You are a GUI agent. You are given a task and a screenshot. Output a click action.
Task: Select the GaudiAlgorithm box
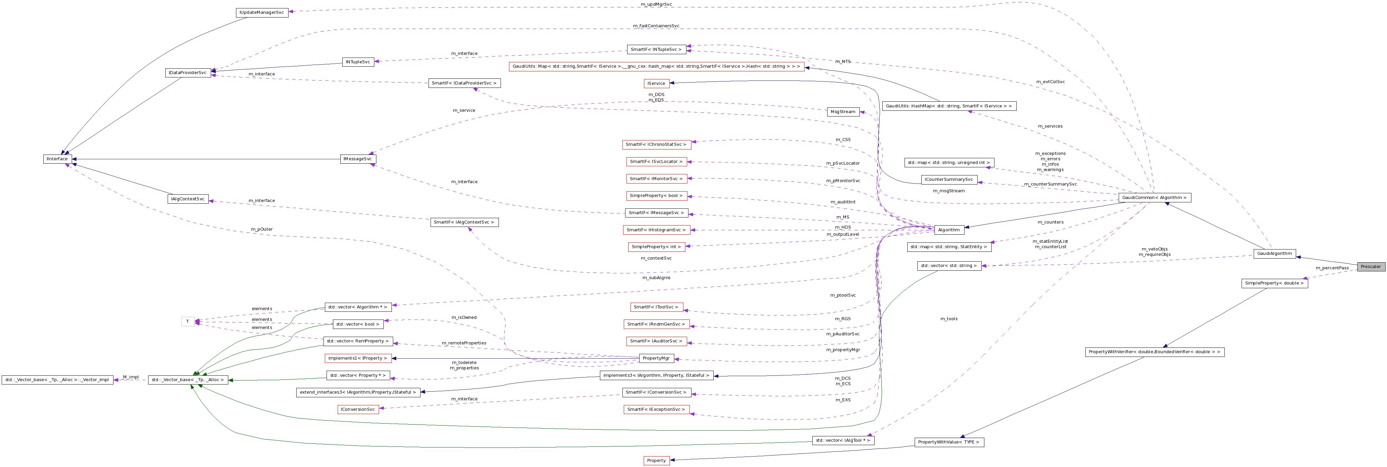pyautogui.click(x=1274, y=254)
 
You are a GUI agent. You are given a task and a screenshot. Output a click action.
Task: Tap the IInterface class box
pyautogui.click(x=57, y=159)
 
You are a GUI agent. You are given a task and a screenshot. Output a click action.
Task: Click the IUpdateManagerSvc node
pyautogui.click(x=262, y=12)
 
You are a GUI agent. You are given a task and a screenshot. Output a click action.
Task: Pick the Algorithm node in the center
pyautogui.click(x=948, y=230)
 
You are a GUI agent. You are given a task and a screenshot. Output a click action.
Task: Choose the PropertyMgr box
pyautogui.click(x=656, y=358)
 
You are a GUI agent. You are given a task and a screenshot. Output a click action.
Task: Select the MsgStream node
pyautogui.click(x=843, y=112)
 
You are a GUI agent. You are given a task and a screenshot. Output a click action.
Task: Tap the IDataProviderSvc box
pyautogui.click(x=188, y=73)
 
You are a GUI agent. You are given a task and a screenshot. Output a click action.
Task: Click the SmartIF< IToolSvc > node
pyautogui.click(x=656, y=307)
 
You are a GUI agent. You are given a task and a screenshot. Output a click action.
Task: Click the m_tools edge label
pyautogui.click(x=949, y=319)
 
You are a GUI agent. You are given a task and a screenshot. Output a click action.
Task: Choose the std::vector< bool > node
pyautogui.click(x=358, y=324)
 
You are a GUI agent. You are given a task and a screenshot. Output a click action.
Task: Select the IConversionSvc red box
pyautogui.click(x=358, y=409)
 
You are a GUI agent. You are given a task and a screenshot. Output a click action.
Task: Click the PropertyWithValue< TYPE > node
pyautogui.click(x=949, y=442)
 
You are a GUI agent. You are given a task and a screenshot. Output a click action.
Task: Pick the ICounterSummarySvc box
pyautogui.click(x=949, y=179)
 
